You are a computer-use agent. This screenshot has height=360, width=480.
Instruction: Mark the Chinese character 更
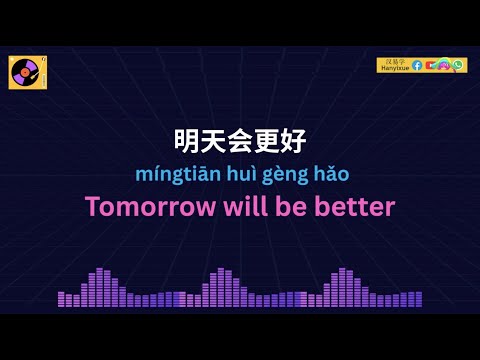coord(273,140)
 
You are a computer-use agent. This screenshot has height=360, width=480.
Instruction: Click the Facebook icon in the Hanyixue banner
coord(417,65)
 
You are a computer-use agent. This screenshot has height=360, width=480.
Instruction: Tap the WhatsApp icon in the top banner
coord(458,65)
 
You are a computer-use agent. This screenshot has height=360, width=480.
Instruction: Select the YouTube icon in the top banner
coord(430,65)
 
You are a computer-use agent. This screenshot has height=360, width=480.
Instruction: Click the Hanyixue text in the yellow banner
coord(394,68)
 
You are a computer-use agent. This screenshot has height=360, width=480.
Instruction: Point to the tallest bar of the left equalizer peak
coord(100,286)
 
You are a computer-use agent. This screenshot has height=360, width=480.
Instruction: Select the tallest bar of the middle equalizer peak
coord(221,286)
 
